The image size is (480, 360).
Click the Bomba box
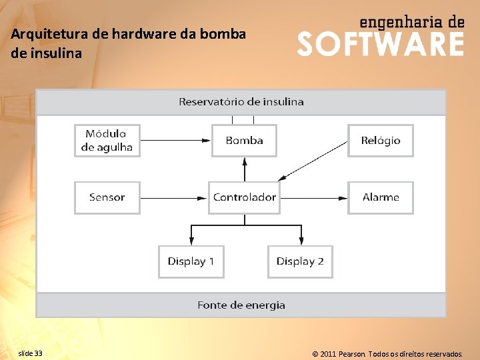[x=244, y=141]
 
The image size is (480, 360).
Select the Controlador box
[x=244, y=197]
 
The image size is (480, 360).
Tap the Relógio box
[x=381, y=141]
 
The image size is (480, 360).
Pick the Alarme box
[x=381, y=197]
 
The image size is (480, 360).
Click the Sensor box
[x=107, y=197]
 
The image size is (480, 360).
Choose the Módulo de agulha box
[x=107, y=141]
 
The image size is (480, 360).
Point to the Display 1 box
[x=191, y=261]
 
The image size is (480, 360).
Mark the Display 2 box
[x=300, y=261]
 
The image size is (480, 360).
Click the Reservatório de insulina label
[x=241, y=102]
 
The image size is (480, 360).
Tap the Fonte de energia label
[x=241, y=305]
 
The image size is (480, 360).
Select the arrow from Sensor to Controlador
[x=174, y=197]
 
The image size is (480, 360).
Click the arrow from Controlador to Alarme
[x=312, y=197]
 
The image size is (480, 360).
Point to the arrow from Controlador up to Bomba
[x=244, y=169]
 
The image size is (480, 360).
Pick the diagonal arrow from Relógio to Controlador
[x=313, y=161]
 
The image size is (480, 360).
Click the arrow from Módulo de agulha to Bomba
[x=176, y=141]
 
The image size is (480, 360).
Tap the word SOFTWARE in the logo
[x=380, y=45]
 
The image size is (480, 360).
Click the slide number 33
[x=30, y=353]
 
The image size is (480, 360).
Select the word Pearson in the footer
[x=352, y=354]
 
